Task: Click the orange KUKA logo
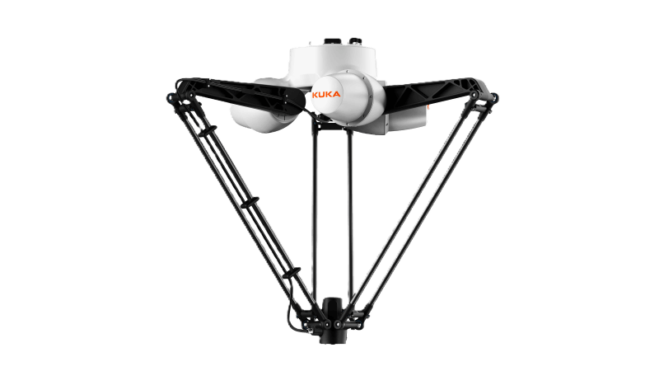coord(326,94)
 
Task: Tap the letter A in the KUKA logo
coord(337,94)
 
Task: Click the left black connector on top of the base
coord(331,41)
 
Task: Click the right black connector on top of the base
coord(356,41)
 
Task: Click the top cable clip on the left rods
coord(208,131)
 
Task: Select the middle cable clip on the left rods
coord(250,202)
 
